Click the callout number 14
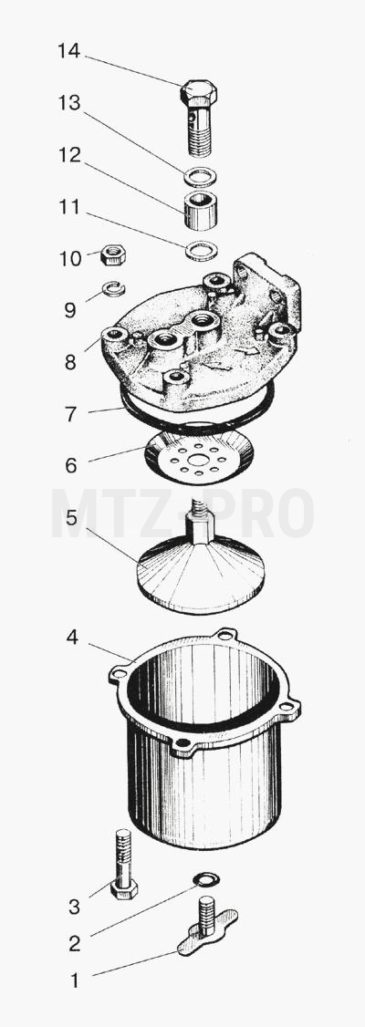coord(68,50)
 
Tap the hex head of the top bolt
coord(199,93)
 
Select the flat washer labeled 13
coord(200,177)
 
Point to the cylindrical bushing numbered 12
coord(200,210)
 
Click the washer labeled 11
coord(201,251)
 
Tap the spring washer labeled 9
coord(114,288)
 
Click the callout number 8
coord(70,362)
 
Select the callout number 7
coord(70,414)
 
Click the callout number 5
coord(71,518)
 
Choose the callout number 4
coord(71,637)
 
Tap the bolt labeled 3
coord(123,864)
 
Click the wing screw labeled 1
coord(207,925)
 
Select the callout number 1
coord(74,980)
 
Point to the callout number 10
coord(70,259)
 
